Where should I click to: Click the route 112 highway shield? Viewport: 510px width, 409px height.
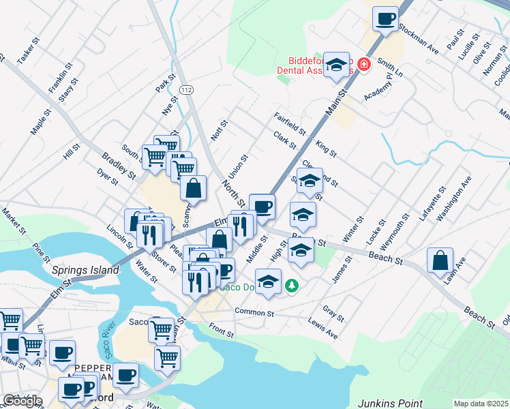coord(185,90)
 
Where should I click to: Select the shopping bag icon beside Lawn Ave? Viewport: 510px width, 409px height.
coord(440,260)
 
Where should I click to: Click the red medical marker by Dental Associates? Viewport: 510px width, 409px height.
coord(363,65)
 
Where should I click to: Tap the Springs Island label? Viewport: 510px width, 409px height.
coord(85,270)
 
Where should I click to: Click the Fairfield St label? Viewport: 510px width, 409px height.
coord(290,123)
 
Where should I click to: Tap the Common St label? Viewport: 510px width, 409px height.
coord(254,312)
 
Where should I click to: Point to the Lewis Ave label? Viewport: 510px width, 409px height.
coord(322,328)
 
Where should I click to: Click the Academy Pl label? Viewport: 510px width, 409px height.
coord(379,87)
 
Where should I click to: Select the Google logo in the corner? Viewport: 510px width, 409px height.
coord(22,401)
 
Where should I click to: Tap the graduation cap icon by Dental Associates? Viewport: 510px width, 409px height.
coord(335,65)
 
